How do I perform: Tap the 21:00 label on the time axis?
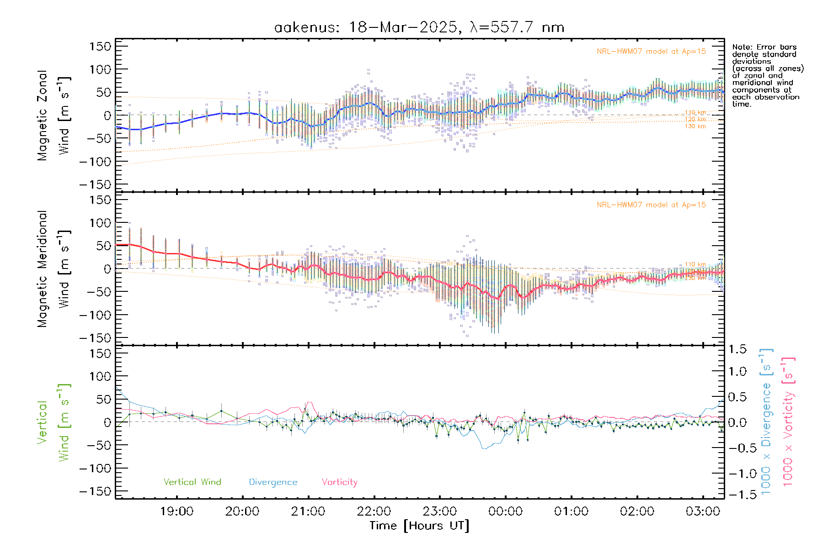pyautogui.click(x=308, y=511)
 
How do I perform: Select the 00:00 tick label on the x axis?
pyautogui.click(x=505, y=511)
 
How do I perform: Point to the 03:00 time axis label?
pyautogui.click(x=703, y=511)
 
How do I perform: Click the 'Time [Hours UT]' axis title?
pyautogui.click(x=419, y=526)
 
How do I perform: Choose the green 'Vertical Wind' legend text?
pyautogui.click(x=192, y=482)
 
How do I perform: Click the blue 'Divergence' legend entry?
pyautogui.click(x=273, y=482)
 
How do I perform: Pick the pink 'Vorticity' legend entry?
pyautogui.click(x=339, y=482)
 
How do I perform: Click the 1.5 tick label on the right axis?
pyautogui.click(x=737, y=349)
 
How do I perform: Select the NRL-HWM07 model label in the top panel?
pyautogui.click(x=651, y=52)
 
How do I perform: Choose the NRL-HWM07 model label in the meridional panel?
pyautogui.click(x=651, y=205)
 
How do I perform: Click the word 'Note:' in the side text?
pyautogui.click(x=743, y=47)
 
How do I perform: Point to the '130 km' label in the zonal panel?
pyautogui.click(x=695, y=126)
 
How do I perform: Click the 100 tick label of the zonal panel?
pyautogui.click(x=101, y=69)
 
